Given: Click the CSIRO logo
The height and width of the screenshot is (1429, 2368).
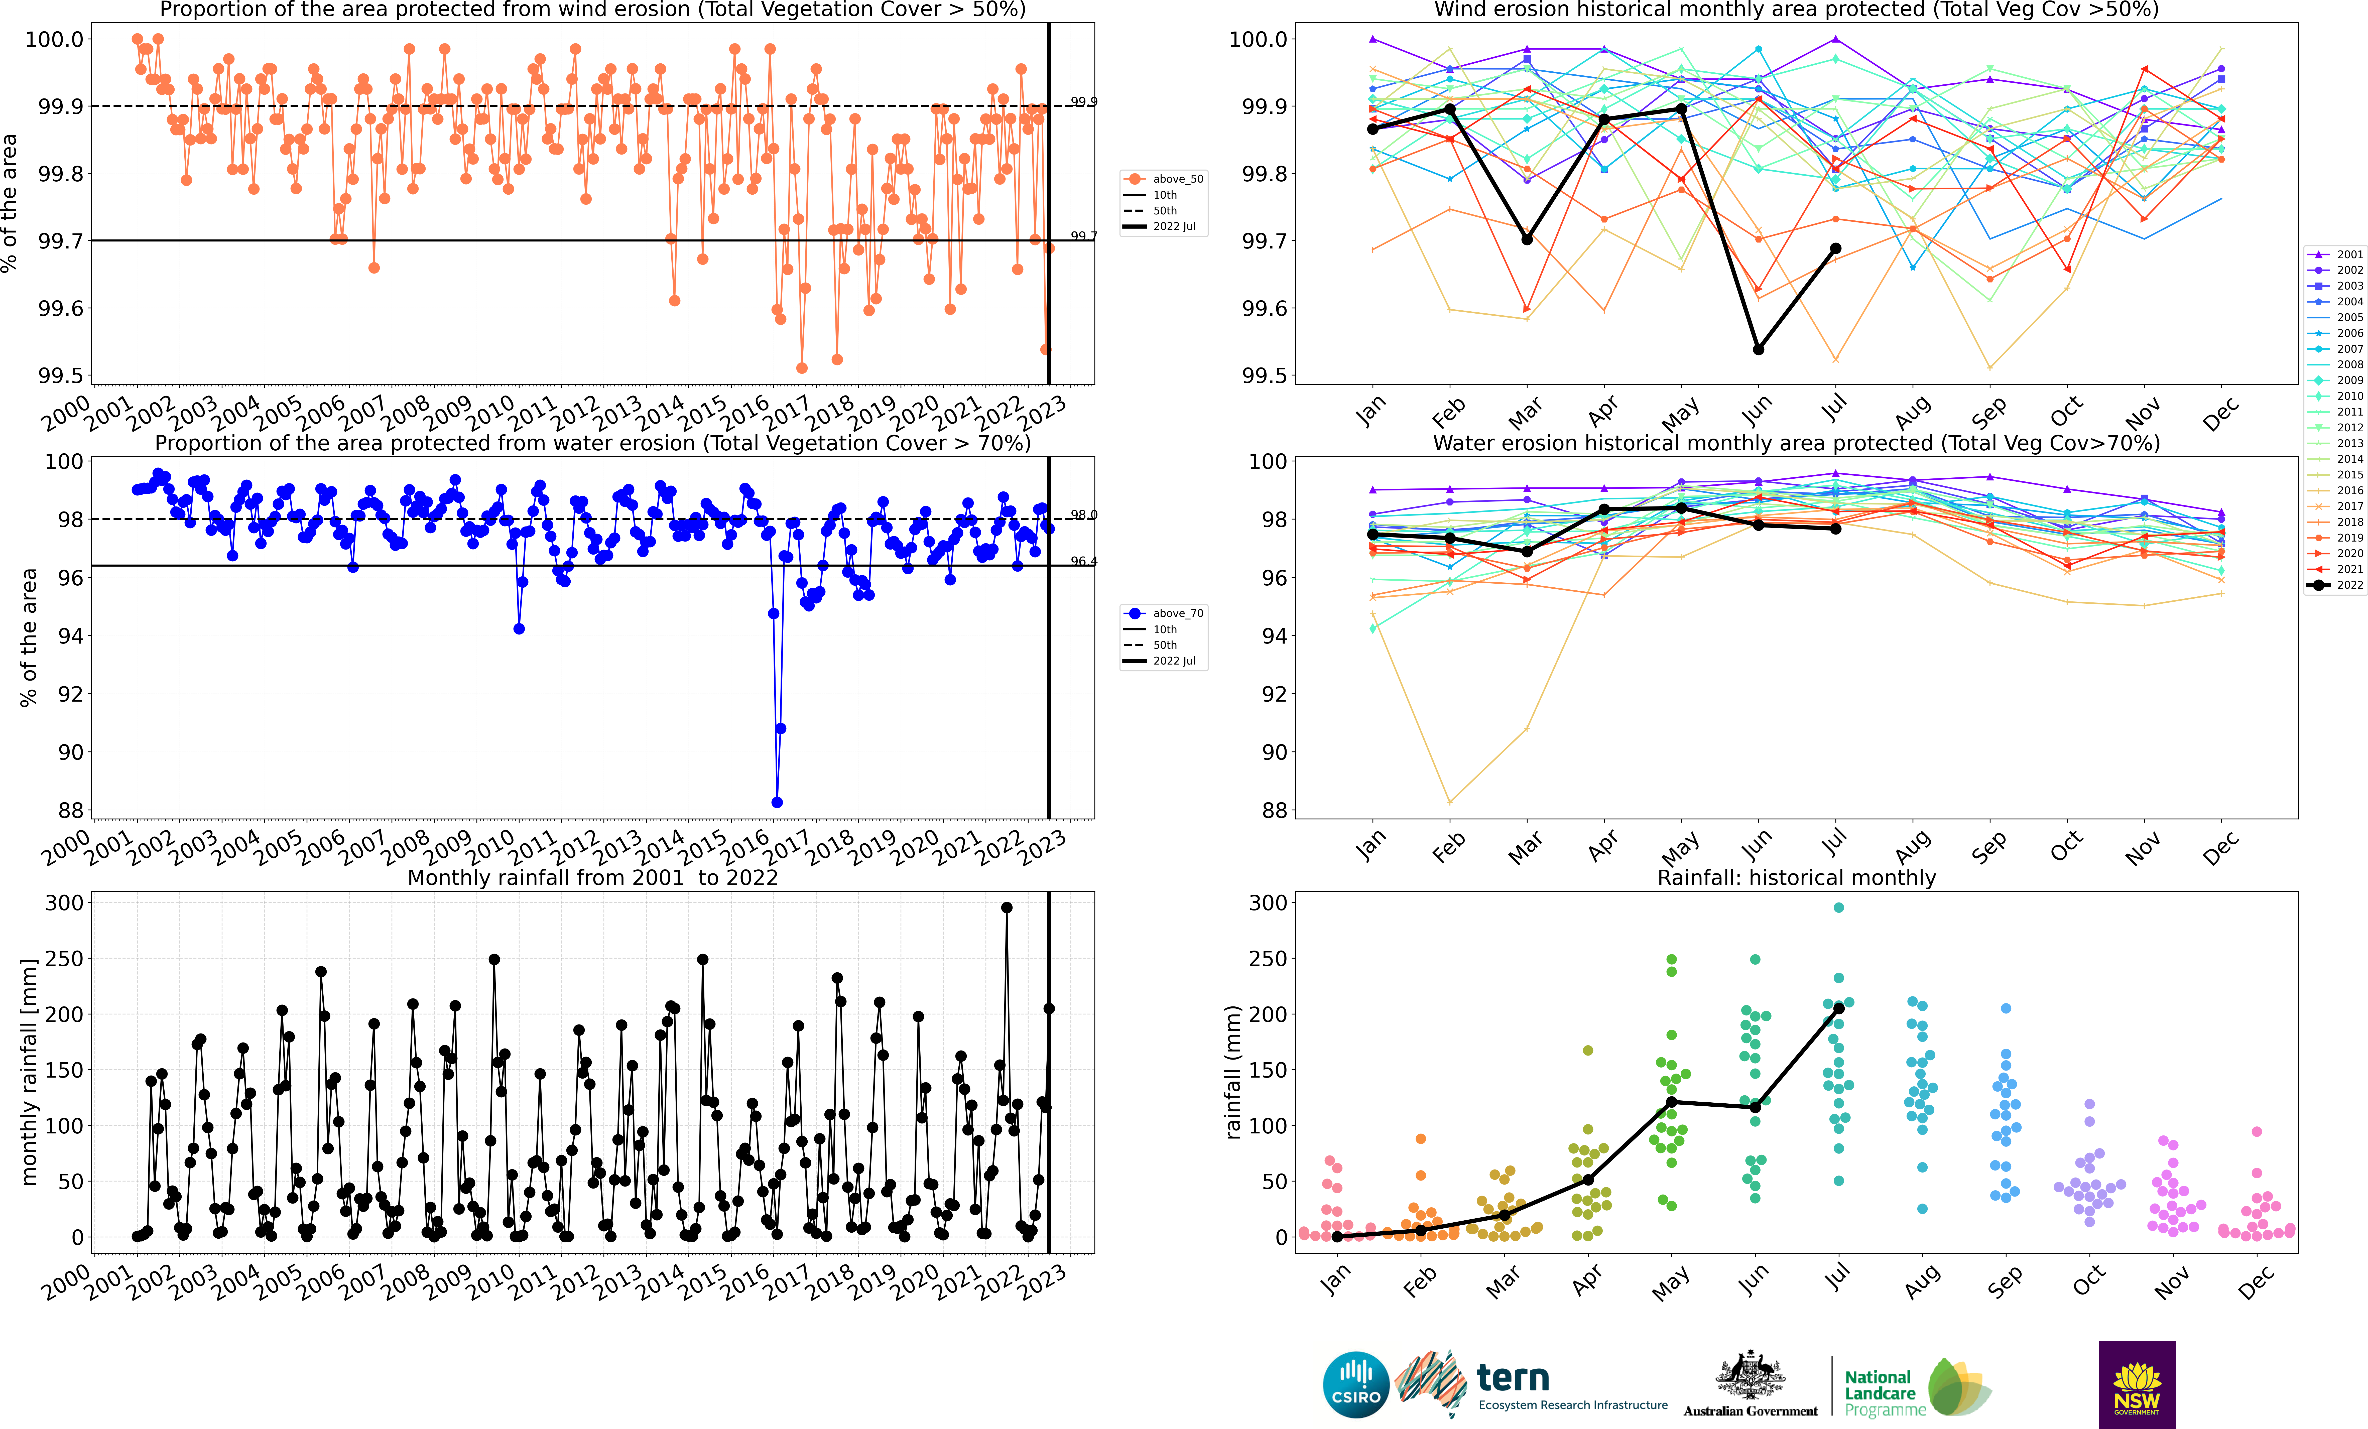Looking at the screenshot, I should [1356, 1385].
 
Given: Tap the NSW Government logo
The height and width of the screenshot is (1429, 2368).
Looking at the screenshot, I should [2136, 1385].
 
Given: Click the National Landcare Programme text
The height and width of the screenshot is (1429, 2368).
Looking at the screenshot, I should [1884, 1393].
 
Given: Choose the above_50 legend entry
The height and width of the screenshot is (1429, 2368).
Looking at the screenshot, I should [1165, 179].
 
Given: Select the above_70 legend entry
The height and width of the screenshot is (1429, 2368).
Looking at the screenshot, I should [1165, 613].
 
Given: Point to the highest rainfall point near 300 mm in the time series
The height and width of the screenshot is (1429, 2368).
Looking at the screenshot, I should [1006, 907].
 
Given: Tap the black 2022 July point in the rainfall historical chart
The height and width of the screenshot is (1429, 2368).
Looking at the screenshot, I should [1838, 1008].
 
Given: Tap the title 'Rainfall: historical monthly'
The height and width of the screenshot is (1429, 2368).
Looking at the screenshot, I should [1796, 877].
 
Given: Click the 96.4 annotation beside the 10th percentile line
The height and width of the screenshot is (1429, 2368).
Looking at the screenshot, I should [1083, 561].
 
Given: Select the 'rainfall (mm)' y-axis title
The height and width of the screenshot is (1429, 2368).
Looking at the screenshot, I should [1233, 1072].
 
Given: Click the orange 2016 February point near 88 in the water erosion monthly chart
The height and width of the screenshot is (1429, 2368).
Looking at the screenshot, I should [1449, 802].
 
